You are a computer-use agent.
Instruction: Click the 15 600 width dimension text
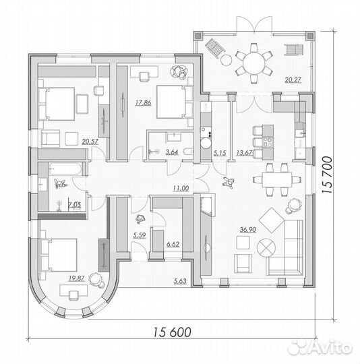(x=172, y=332)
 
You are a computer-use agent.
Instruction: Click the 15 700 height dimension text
(x=327, y=175)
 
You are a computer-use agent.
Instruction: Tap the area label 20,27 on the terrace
(x=293, y=80)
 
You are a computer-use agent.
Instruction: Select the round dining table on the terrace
(x=253, y=63)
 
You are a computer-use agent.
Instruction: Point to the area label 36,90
(x=248, y=230)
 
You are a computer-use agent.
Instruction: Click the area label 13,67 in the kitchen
(x=244, y=153)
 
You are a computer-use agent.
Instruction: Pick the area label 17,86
(x=143, y=102)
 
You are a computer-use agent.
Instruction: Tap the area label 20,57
(x=90, y=142)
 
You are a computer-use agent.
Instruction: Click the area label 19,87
(x=77, y=278)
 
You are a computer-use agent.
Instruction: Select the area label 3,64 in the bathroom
(x=172, y=152)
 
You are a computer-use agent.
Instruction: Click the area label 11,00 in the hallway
(x=181, y=188)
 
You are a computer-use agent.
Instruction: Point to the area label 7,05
(x=75, y=205)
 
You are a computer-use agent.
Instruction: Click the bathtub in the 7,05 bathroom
(x=65, y=169)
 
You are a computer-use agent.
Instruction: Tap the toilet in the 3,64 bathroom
(x=188, y=152)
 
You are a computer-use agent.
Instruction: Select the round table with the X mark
(x=266, y=247)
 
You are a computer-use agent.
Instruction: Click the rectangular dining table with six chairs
(x=277, y=179)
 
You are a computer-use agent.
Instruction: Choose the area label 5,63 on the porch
(x=180, y=281)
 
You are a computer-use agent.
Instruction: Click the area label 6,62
(x=173, y=244)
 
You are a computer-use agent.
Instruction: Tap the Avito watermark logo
(x=320, y=348)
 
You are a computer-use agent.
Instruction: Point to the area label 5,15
(x=220, y=153)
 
